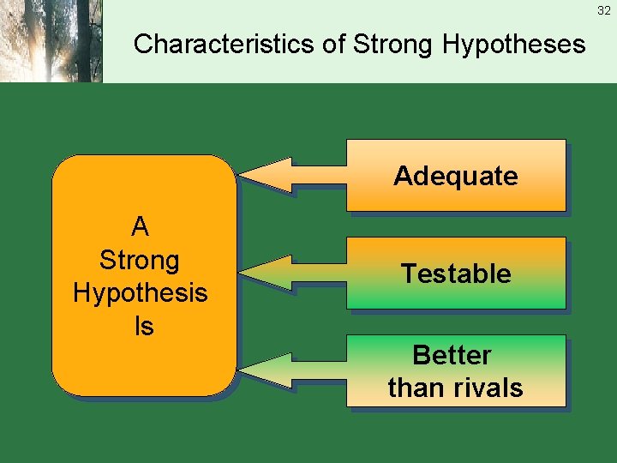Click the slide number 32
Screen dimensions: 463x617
[x=605, y=9]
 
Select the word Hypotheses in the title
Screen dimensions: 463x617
[x=514, y=44]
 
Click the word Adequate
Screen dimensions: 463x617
[x=455, y=176]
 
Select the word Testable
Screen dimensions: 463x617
[x=455, y=274]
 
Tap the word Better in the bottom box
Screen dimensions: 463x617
[x=452, y=355]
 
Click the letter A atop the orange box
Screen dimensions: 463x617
[x=141, y=227]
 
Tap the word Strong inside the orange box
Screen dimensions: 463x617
[x=140, y=260]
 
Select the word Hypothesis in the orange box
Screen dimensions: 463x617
[x=141, y=292]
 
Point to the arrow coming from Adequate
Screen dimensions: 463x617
[x=291, y=175]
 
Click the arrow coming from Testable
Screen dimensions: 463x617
[x=291, y=273]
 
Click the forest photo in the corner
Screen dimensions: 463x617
[x=51, y=41]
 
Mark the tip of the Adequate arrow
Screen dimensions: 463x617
[x=242, y=175]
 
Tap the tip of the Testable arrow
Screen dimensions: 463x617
[x=242, y=273]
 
